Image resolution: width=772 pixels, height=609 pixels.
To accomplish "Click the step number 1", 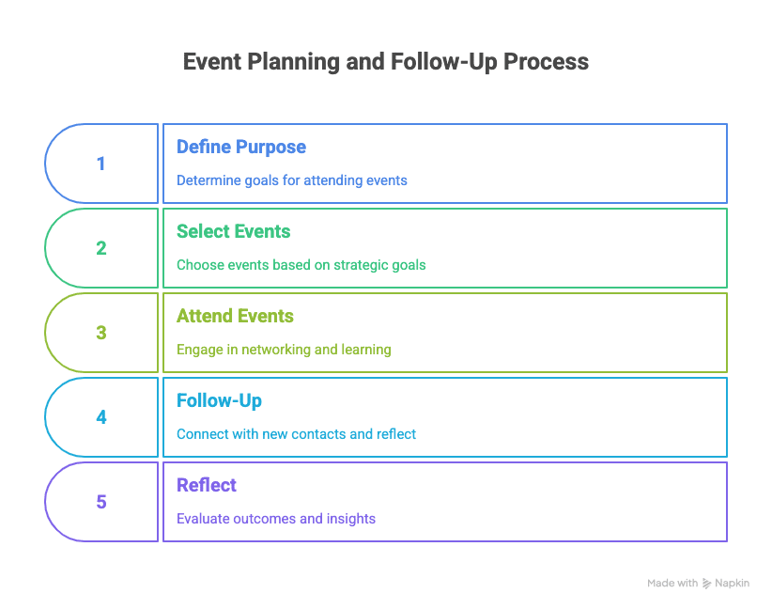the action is click(x=100, y=164).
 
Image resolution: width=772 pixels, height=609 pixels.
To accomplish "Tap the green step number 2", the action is click(x=100, y=248).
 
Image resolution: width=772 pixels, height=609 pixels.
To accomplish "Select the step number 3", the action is click(x=100, y=333).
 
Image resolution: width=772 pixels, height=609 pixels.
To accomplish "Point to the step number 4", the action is click(x=100, y=417).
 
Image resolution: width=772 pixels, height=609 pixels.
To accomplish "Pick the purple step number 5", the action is click(x=100, y=502).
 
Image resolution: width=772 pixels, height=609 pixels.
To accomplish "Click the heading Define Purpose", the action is click(x=241, y=147).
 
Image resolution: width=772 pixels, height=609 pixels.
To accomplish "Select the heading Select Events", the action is click(x=233, y=231).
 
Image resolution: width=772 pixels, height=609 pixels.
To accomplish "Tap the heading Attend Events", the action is click(x=235, y=316).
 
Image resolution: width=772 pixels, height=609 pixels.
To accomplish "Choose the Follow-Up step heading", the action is click(x=219, y=401).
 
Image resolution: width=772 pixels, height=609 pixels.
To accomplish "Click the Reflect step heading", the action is click(x=207, y=485).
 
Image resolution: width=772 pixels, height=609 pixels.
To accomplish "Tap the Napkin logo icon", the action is click(x=706, y=584).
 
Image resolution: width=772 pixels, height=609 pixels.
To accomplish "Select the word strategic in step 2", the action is click(x=361, y=265).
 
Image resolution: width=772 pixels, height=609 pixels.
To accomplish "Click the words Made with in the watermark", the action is click(x=672, y=584).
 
